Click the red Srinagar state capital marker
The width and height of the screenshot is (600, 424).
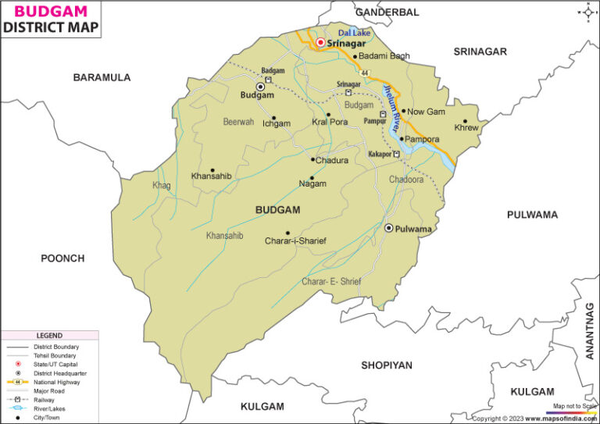320,42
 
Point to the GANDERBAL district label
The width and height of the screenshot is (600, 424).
387,12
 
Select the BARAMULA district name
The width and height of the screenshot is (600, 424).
102,77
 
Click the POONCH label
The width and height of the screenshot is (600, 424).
62,258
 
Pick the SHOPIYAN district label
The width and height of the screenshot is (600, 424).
386,365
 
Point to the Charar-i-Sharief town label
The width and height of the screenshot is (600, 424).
295,241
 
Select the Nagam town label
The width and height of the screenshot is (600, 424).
312,184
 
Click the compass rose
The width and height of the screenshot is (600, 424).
587,12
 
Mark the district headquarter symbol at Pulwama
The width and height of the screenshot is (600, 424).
388,227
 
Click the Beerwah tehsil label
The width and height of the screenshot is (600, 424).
238,122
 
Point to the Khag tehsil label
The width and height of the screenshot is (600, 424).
162,185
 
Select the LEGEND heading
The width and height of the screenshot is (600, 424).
48,335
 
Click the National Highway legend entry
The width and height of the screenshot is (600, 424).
55,381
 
